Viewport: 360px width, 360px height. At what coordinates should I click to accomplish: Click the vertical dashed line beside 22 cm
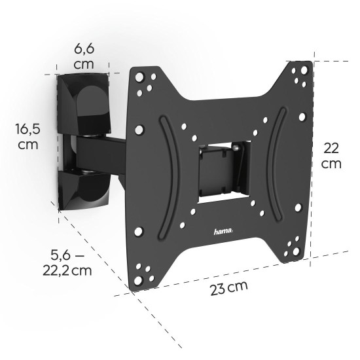coord(313,157)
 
